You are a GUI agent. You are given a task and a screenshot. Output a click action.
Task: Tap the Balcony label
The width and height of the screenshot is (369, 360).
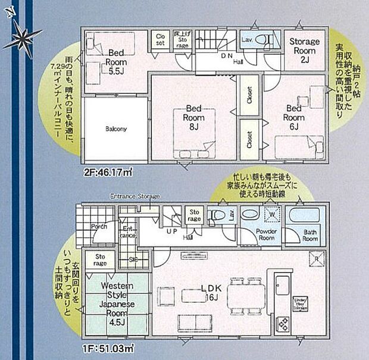[116, 129]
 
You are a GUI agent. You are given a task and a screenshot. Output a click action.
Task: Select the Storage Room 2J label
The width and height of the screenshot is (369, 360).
[304, 47]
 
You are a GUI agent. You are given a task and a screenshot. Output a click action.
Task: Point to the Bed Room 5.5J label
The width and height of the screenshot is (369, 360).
[115, 62]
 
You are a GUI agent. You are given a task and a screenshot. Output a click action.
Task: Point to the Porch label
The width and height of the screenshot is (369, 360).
[99, 227]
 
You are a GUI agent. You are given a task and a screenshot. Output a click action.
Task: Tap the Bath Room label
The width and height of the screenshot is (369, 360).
[310, 234]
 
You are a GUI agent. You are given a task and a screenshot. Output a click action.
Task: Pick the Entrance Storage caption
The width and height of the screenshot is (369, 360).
[135, 196]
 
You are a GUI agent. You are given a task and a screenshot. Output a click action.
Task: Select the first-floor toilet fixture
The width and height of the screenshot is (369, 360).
[219, 215]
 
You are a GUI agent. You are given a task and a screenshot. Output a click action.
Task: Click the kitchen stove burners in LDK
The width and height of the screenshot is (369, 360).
[282, 325]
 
